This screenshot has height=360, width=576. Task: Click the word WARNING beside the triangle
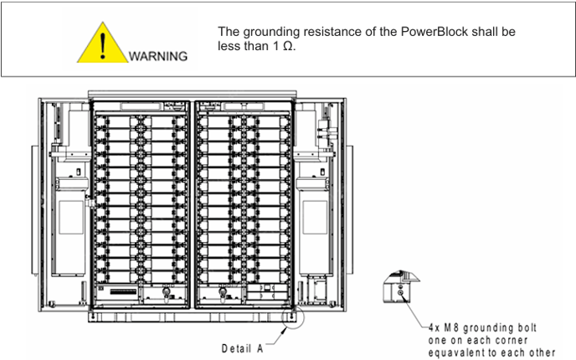(x=158, y=57)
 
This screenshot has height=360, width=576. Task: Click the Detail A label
(x=243, y=347)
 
